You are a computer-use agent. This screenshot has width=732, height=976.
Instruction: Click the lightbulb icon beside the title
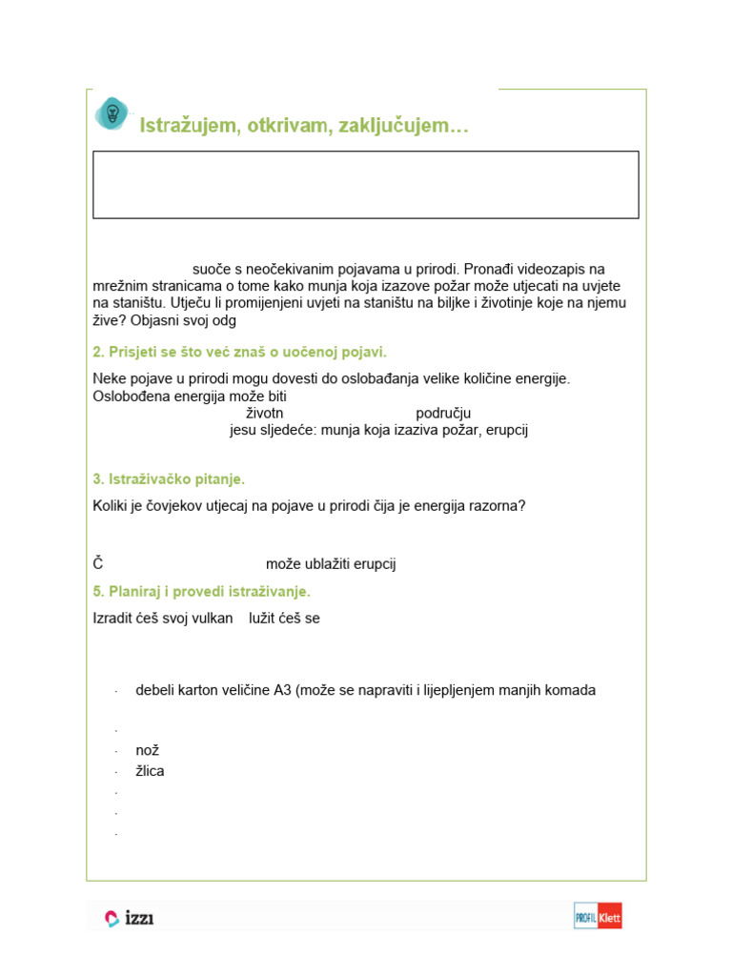click(112, 113)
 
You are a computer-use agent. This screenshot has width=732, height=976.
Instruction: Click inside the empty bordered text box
click(365, 184)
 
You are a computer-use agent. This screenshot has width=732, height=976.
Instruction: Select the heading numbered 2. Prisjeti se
click(239, 352)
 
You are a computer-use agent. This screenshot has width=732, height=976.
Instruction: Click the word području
click(443, 413)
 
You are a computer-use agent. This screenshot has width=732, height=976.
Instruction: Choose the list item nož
click(147, 750)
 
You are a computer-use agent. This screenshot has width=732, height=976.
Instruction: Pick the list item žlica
click(150, 771)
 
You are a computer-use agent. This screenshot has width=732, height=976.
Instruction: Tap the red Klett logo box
click(609, 916)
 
